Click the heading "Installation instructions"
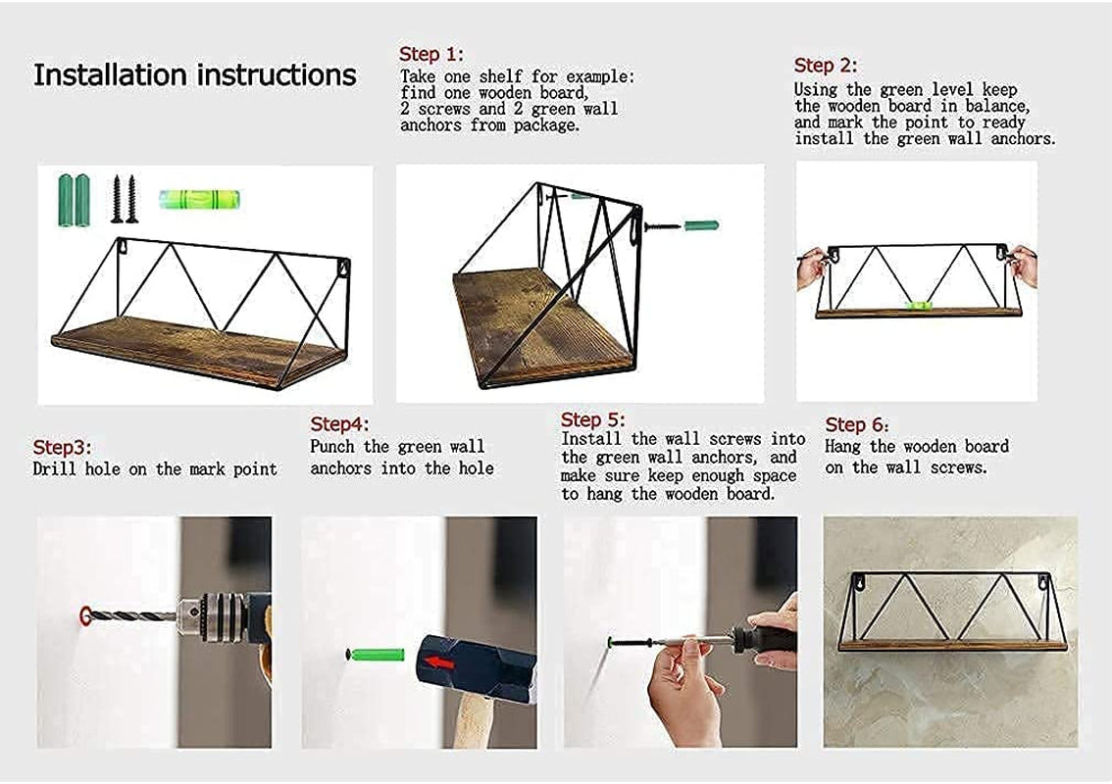tap(194, 75)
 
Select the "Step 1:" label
tap(431, 54)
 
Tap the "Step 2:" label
tap(826, 66)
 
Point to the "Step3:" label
tap(62, 447)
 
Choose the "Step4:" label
tap(339, 424)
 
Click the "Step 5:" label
tap(593, 419)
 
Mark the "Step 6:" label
tap(857, 424)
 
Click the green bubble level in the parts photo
tap(199, 199)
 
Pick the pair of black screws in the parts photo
tap(124, 199)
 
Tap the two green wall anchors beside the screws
tap(74, 200)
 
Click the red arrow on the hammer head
tap(440, 662)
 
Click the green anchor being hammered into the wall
tap(377, 654)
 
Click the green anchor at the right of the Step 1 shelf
tap(701, 226)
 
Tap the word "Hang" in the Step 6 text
tap(842, 447)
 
